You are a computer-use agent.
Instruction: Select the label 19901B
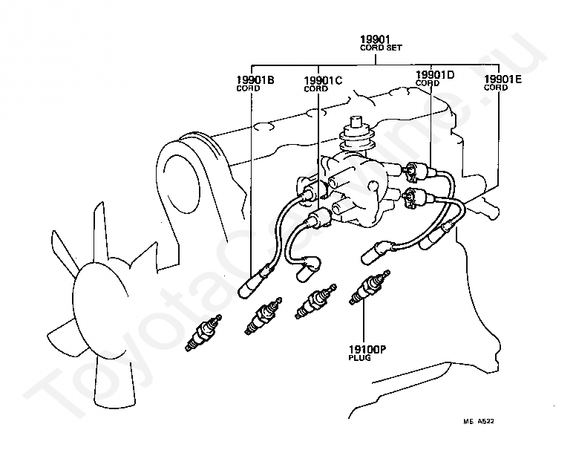[x=255, y=79]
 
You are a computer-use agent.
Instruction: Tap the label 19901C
[x=323, y=80]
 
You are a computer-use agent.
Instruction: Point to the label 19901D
[x=435, y=75]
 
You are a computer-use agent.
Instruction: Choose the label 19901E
[x=503, y=79]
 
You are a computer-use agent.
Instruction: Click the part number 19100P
[x=367, y=349]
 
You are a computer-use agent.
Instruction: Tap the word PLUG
[x=360, y=357]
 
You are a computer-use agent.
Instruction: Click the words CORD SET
[x=381, y=48]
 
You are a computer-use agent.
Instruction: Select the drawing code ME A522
[x=479, y=421]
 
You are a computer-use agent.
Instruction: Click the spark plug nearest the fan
[x=203, y=333]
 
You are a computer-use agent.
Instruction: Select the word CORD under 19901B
[x=248, y=88]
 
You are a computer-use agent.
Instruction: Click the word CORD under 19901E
[x=496, y=88]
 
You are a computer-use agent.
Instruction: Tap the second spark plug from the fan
[x=264, y=316]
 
